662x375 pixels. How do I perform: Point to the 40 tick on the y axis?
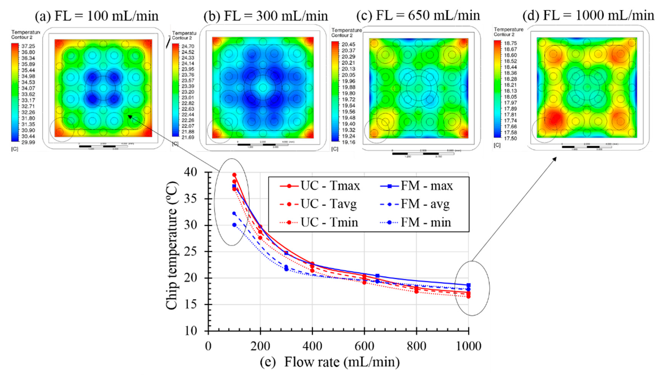coord(190,172)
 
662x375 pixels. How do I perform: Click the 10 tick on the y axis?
coord(190,331)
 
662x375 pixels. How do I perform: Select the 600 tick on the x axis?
coord(364,346)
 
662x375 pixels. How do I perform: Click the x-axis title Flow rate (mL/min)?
coord(342,362)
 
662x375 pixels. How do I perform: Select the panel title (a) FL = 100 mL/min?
coord(97,16)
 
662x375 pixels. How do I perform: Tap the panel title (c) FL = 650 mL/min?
coord(418,15)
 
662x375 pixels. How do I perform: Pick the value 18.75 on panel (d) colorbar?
coord(510,43)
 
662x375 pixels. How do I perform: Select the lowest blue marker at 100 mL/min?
coord(234,225)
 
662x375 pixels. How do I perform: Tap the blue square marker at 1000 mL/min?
coord(469,285)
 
